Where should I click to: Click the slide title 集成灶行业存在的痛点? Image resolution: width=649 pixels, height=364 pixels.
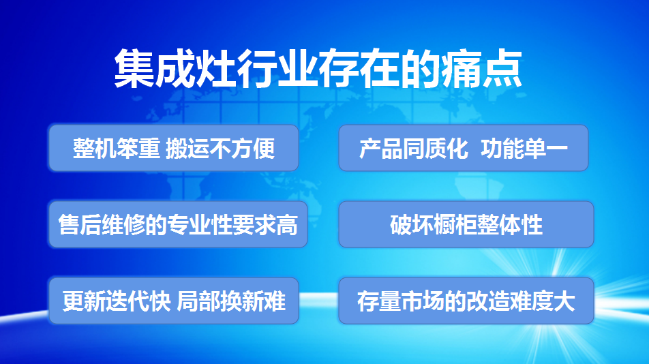coord(318,69)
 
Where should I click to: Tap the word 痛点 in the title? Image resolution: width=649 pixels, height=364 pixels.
coord(481,69)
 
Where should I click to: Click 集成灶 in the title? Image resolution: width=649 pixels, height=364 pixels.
coord(175,69)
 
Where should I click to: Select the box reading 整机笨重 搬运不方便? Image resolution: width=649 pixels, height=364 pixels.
coord(173,148)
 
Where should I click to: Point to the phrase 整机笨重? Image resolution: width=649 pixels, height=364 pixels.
coord(117,148)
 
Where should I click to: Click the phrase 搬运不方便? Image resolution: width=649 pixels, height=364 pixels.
coord(220,148)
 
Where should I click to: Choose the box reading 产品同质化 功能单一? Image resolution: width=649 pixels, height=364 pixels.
coord(464,148)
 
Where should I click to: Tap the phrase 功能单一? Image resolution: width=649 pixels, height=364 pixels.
coord(524,148)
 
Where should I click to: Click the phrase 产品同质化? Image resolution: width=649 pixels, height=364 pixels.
coord(414,148)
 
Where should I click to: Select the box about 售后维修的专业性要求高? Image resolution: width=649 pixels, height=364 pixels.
coord(178,224)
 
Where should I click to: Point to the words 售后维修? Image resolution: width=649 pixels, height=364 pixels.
coord(102,225)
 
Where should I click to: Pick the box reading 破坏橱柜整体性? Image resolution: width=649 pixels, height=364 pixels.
coord(466,224)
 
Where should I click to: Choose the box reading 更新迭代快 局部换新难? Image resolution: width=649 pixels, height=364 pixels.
coord(173,301)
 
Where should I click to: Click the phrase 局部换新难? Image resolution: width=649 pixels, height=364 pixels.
coord(231,301)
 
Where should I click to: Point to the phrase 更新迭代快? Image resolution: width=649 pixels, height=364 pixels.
coord(117,301)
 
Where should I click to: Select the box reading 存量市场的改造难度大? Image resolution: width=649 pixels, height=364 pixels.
coord(466,301)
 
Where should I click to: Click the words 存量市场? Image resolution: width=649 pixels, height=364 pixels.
coord(401,301)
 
